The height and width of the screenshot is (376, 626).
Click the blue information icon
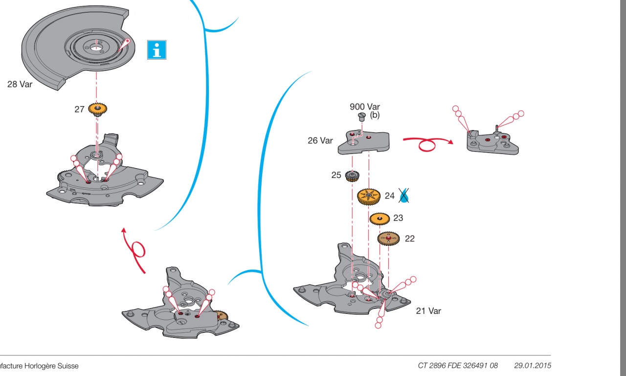(157, 50)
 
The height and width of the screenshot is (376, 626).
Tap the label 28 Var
(20, 85)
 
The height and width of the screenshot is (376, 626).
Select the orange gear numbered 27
(97, 109)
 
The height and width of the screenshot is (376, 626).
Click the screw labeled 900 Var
(362, 117)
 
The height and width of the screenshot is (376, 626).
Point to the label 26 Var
(320, 140)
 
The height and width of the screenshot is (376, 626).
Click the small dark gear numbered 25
(352, 176)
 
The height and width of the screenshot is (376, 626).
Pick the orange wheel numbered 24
(369, 197)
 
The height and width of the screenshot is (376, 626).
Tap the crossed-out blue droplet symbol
(403, 195)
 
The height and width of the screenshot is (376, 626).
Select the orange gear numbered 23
(380, 219)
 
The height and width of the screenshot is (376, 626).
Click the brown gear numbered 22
(388, 239)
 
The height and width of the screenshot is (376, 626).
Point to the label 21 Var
(428, 311)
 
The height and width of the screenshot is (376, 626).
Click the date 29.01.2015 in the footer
(533, 366)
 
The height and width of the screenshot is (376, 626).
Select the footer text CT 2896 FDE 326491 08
(458, 366)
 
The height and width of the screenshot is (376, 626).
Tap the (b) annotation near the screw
(375, 115)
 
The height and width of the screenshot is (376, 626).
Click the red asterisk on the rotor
(128, 41)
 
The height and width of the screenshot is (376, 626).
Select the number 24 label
(390, 196)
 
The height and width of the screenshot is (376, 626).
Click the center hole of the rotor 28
(96, 48)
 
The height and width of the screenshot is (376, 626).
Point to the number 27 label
(79, 109)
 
